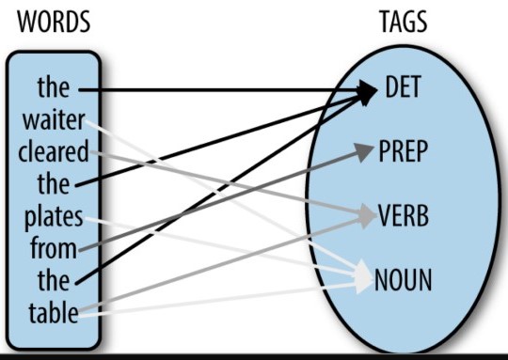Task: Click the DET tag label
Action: pos(405,89)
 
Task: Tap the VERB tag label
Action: pos(404,215)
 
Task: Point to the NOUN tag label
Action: pos(404,279)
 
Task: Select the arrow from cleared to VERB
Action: pos(226,183)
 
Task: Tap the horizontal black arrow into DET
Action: pos(226,90)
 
